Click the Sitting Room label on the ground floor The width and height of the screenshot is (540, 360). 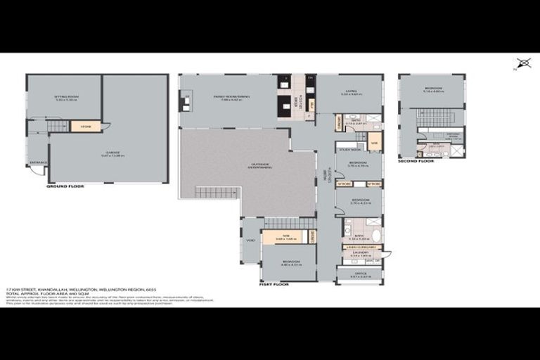pos(65,98)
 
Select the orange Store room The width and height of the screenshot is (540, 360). pos(86,127)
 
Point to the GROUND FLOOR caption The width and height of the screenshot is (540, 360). pos(65,187)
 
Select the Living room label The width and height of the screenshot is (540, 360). pos(350,91)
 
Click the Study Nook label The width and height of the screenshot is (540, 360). pos(349,149)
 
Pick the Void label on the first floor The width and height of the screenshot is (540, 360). pos(250,239)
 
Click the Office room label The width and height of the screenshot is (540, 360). pos(359,275)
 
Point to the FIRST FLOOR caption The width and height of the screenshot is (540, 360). pos(275,285)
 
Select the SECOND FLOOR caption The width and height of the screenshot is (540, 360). pos(416,161)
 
